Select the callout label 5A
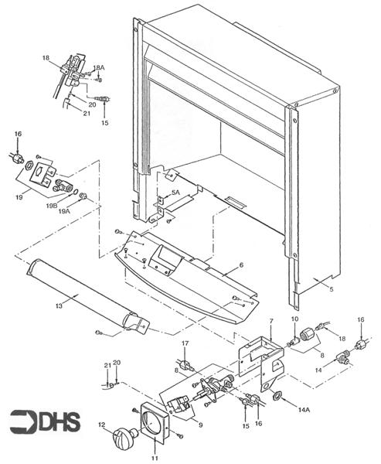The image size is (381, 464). [175, 192]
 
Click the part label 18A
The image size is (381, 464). [99, 69]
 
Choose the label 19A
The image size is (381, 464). [65, 210]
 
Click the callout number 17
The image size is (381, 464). [185, 343]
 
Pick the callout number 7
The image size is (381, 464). [271, 321]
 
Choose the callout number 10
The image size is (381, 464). [294, 319]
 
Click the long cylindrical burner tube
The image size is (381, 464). [81, 297]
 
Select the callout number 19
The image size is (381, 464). [19, 198]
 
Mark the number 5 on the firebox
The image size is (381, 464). [333, 289]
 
